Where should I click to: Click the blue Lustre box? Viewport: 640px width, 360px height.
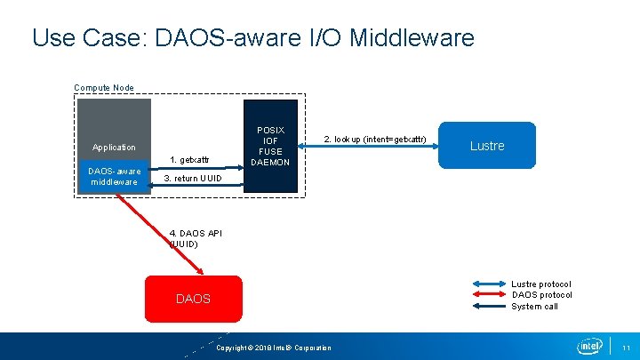point(487,145)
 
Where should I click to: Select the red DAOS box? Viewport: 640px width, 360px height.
point(193,299)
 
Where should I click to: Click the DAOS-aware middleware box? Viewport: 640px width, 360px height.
point(113,176)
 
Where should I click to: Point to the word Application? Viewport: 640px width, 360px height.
point(114,147)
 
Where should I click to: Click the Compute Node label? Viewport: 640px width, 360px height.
point(104,88)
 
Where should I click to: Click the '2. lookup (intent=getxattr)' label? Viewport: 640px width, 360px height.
point(375,140)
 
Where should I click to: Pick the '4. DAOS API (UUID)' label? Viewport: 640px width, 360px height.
point(196,238)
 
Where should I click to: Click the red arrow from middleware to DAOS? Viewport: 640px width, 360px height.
point(169,232)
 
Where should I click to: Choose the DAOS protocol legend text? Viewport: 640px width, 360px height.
point(541,295)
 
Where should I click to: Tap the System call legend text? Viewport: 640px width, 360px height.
point(534,307)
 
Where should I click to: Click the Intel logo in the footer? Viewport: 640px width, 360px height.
point(589,346)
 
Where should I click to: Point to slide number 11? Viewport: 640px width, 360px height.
point(626,347)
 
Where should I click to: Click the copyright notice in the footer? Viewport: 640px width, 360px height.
point(273,348)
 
